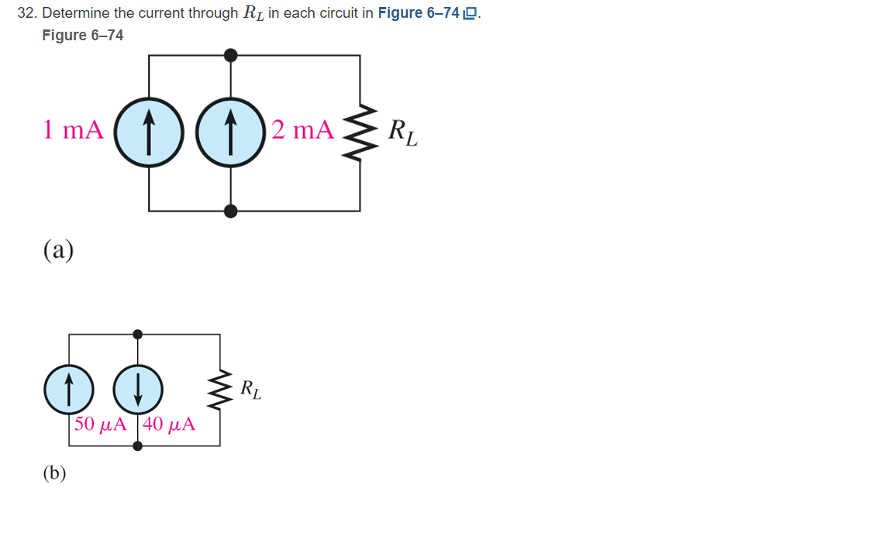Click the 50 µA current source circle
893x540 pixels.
(x=68, y=390)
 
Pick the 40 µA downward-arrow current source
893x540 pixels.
(x=138, y=390)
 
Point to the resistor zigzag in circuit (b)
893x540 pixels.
(x=219, y=390)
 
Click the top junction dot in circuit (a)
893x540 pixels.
(x=230, y=55)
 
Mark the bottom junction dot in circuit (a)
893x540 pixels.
(x=230, y=211)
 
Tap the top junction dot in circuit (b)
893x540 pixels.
(x=138, y=334)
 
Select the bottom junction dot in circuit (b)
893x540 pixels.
(x=138, y=446)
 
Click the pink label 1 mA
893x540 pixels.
(x=73, y=130)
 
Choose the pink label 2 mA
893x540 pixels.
(x=302, y=130)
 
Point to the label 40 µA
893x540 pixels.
(x=169, y=425)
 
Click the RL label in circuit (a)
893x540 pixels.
(x=402, y=132)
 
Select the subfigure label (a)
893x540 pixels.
(x=58, y=250)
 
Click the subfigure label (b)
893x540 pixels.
(x=54, y=473)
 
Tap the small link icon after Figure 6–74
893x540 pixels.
(x=469, y=14)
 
